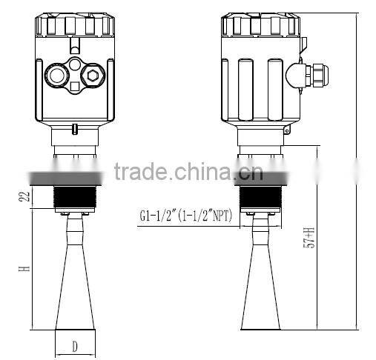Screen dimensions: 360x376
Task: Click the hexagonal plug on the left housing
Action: pyautogui.click(x=92, y=74)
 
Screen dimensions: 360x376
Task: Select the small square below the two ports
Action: pyautogui.click(x=74, y=90)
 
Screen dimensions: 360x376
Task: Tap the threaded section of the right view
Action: pyautogui.click(x=263, y=195)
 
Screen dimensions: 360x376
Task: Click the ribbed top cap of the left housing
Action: pyautogui.click(x=74, y=25)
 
